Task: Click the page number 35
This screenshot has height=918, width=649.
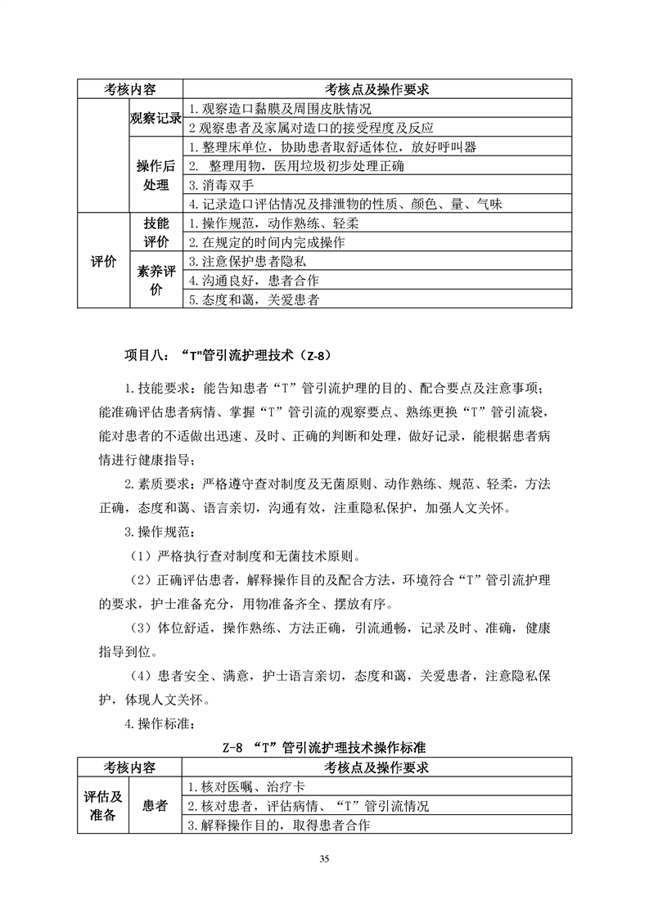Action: pyautogui.click(x=325, y=858)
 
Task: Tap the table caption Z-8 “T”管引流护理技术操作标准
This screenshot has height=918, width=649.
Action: pyautogui.click(x=324, y=747)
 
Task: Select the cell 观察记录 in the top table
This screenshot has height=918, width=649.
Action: pyautogui.click(x=155, y=118)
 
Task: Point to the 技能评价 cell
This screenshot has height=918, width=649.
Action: pyautogui.click(x=155, y=232)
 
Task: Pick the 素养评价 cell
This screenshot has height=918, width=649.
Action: pyautogui.click(x=155, y=281)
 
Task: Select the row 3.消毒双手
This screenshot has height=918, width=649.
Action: pyautogui.click(x=220, y=185)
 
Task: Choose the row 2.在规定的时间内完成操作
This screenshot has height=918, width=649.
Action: pyautogui.click(x=266, y=242)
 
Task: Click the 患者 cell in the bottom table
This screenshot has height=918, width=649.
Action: pyautogui.click(x=155, y=806)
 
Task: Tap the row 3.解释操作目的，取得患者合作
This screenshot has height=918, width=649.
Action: pyautogui.click(x=279, y=825)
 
